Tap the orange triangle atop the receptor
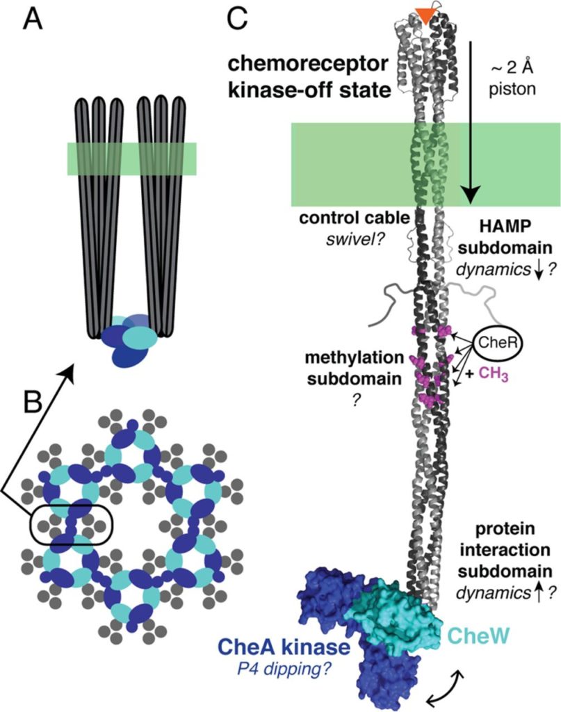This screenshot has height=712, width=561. pos(423,12)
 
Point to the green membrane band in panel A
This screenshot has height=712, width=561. pos(131,159)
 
